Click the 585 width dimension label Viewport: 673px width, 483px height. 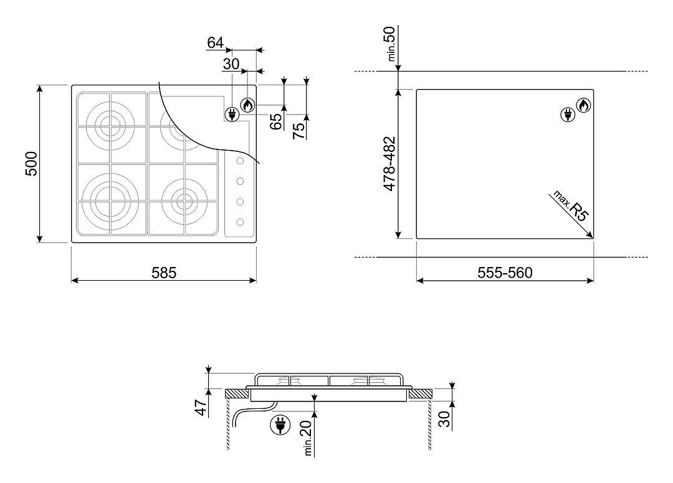pyautogui.click(x=164, y=273)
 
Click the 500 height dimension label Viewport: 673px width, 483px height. pyautogui.click(x=32, y=164)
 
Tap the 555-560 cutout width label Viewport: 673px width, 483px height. pyautogui.click(x=505, y=273)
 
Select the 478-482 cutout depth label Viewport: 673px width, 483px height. pyautogui.click(x=389, y=164)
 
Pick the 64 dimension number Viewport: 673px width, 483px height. pyautogui.click(x=216, y=43)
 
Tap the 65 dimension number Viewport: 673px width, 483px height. pyautogui.click(x=276, y=121)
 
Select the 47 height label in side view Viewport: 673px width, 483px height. pyautogui.click(x=201, y=407)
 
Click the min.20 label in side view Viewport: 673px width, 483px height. pyautogui.click(x=307, y=438)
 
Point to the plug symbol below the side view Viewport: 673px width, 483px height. pyautogui.click(x=280, y=424)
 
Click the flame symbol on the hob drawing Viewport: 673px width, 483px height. pyautogui.click(x=247, y=105)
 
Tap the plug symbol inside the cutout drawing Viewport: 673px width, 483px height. pyautogui.click(x=568, y=115)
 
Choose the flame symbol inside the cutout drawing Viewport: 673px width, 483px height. pyautogui.click(x=583, y=105)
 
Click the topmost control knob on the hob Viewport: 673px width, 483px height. pyautogui.click(x=241, y=161)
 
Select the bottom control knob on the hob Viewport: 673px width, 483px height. pyautogui.click(x=241, y=222)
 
